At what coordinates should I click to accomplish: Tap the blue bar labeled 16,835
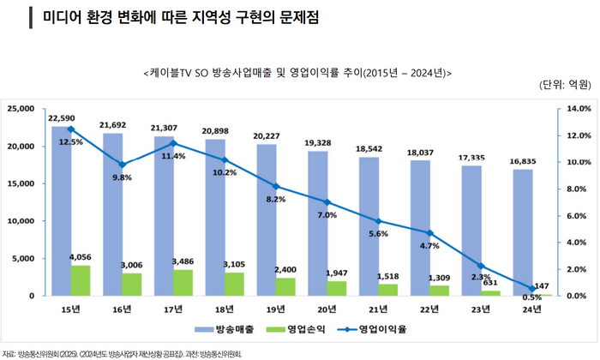pos(522,231)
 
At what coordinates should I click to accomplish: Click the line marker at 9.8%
pos(122,165)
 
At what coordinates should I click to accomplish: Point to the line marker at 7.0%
pos(327,202)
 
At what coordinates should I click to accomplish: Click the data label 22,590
pos(63,117)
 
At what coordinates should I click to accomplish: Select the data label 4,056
pos(81,255)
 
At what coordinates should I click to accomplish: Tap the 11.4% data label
pos(174,156)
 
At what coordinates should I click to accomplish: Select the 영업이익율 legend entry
pos(371,328)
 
